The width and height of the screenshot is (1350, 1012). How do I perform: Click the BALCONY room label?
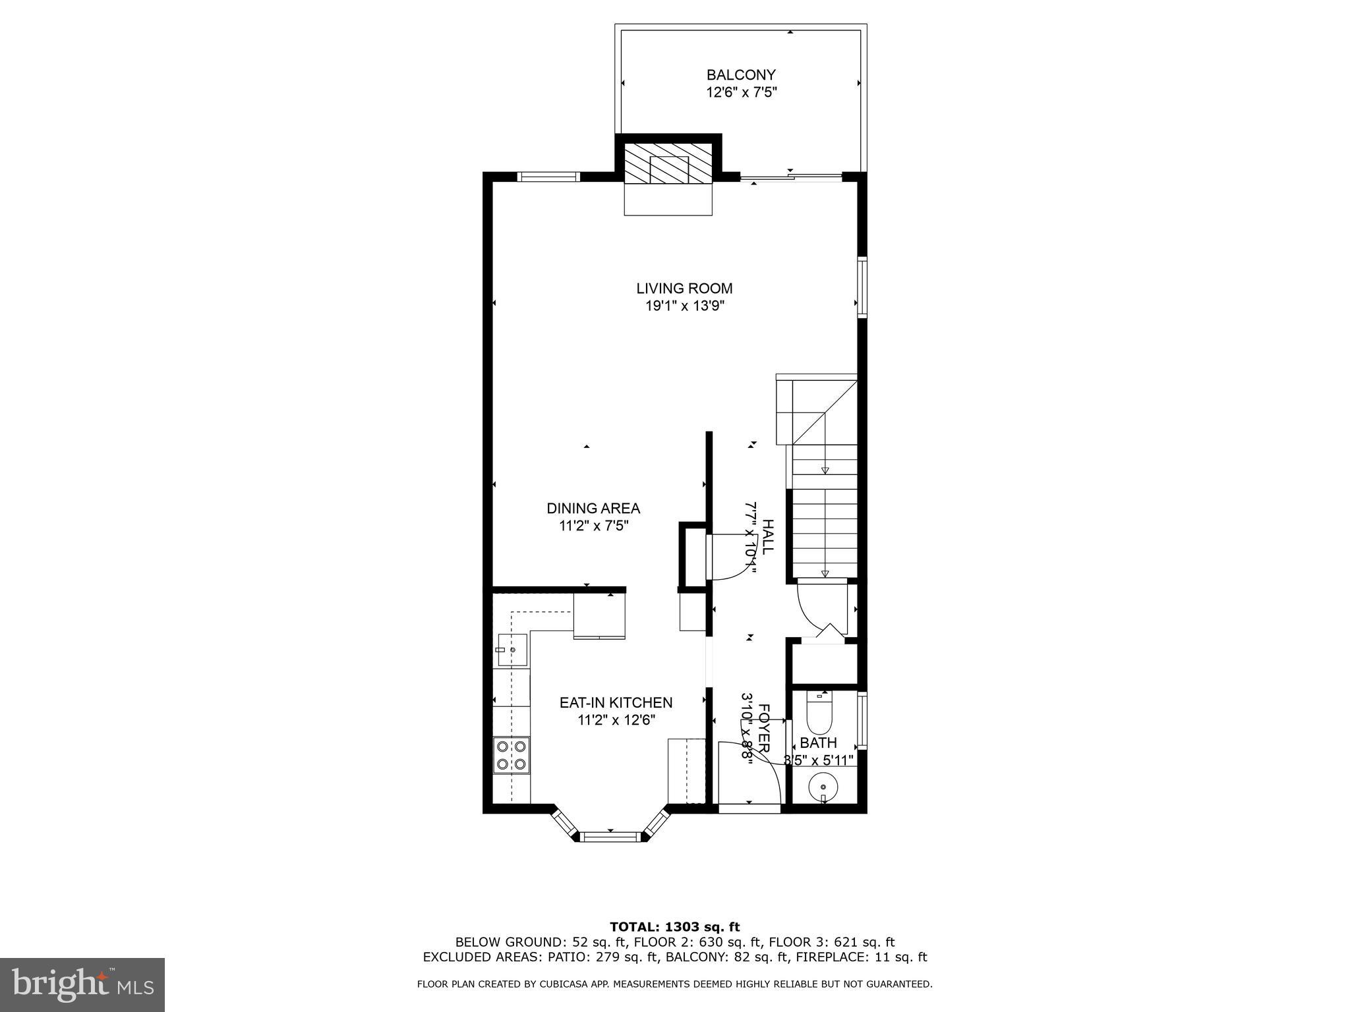click(741, 75)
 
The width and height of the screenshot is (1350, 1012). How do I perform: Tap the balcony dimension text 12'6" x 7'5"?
click(742, 93)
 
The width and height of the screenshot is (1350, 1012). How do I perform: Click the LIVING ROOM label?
click(684, 289)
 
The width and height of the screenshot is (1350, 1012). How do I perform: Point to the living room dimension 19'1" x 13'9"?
click(684, 306)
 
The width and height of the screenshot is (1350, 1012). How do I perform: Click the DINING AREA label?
click(593, 509)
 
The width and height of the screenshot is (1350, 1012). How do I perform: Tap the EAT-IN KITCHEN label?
click(616, 703)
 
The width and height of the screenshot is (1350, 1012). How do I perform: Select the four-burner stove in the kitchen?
click(512, 755)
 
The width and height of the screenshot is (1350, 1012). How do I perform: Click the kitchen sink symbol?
click(512, 650)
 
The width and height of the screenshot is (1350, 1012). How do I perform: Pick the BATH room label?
click(818, 743)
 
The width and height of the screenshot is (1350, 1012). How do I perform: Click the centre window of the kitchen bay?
click(612, 837)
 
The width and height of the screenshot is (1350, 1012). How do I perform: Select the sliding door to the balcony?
click(791, 177)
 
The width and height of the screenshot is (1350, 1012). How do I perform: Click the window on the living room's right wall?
click(862, 289)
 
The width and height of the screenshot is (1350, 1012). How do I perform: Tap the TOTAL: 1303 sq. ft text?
click(674, 928)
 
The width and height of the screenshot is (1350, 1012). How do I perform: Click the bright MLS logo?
click(82, 984)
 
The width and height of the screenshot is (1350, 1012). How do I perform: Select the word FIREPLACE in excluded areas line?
click(841, 957)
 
